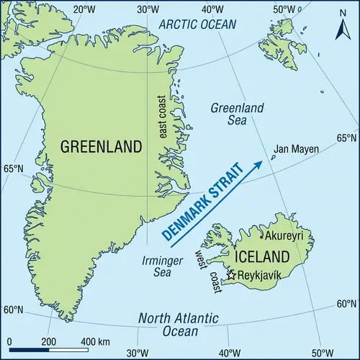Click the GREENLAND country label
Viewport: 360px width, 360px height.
[x=102, y=147]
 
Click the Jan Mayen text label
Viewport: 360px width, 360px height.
[x=296, y=150]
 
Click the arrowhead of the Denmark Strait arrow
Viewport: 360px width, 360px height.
[x=258, y=165]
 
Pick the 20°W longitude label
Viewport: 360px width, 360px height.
[x=85, y=9]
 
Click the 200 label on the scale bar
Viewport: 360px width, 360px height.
[x=48, y=341]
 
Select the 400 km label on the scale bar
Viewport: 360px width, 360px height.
[x=94, y=341]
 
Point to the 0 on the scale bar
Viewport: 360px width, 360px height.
[x=9, y=341]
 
